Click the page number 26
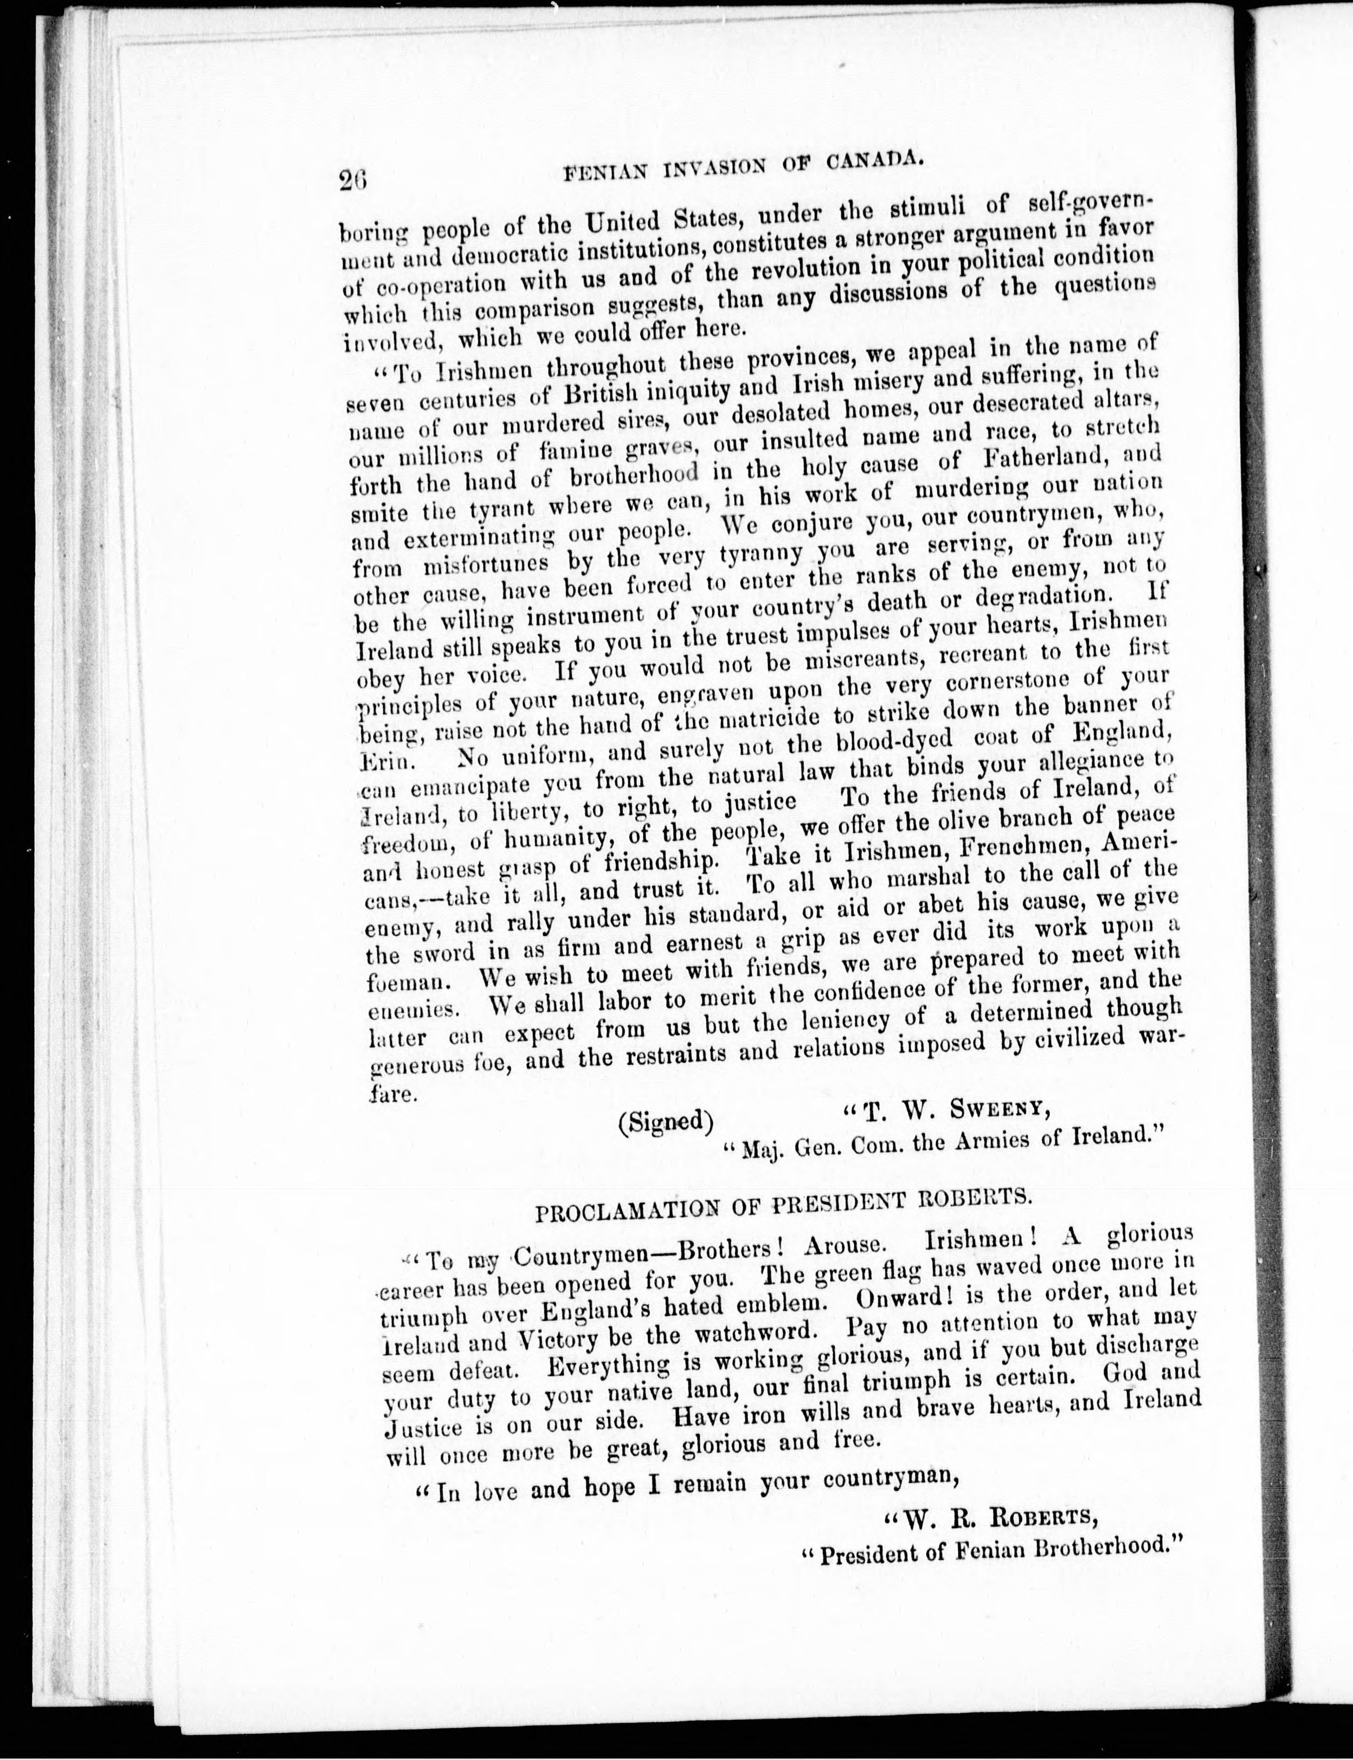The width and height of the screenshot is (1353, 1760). coord(353,179)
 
